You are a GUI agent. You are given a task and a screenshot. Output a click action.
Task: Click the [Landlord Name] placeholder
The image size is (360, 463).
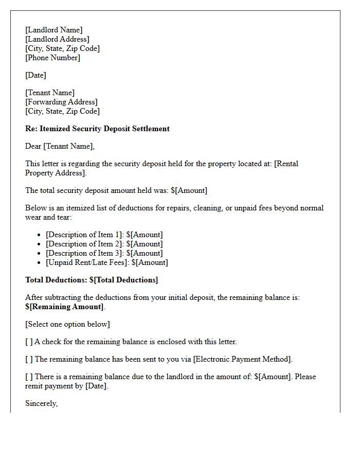pyautogui.click(x=53, y=30)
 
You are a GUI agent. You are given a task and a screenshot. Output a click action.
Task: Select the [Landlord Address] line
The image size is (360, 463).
pyautogui.click(x=57, y=39)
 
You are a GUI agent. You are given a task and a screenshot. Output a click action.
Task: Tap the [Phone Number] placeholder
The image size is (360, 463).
pyautogui.click(x=52, y=58)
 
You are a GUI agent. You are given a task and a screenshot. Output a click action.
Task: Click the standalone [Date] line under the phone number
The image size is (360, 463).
pyautogui.click(x=35, y=75)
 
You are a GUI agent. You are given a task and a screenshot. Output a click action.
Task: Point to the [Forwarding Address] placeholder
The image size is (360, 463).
pyautogui.click(x=61, y=102)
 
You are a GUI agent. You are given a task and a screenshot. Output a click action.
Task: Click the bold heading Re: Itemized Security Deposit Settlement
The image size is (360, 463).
pyautogui.click(x=97, y=129)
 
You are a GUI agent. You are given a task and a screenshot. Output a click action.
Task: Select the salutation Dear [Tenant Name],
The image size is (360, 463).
pyautogui.click(x=60, y=146)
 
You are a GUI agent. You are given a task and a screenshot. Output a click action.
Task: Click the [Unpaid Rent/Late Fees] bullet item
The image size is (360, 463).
pyautogui.click(x=106, y=262)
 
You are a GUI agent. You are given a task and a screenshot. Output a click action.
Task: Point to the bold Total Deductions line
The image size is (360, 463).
pyautogui.click(x=92, y=280)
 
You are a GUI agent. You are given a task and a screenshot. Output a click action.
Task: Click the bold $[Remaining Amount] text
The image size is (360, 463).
pyautogui.click(x=64, y=307)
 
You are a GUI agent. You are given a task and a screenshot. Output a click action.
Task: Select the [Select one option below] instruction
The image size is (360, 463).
pyautogui.click(x=67, y=324)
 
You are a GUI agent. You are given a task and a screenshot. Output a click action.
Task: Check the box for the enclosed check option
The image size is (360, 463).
pyautogui.click(x=29, y=342)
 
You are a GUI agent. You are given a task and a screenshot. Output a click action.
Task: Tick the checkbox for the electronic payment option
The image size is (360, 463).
pyautogui.click(x=29, y=359)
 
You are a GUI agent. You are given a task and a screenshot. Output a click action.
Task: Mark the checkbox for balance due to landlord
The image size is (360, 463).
pyautogui.click(x=29, y=377)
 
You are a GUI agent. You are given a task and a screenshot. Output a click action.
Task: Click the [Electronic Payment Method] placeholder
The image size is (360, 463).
pyautogui.click(x=242, y=359)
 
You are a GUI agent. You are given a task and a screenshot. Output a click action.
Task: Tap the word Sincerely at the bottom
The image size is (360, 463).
pyautogui.click(x=41, y=403)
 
